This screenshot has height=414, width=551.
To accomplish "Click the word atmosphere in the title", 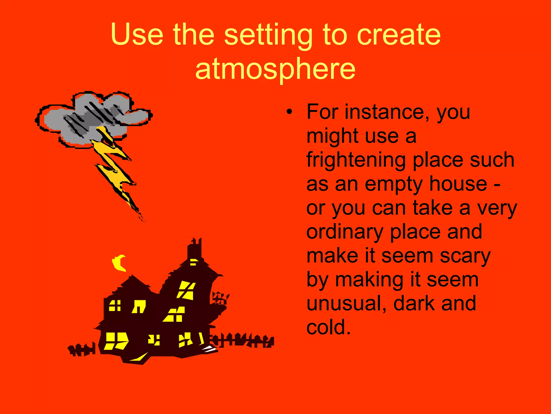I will coord(275,70).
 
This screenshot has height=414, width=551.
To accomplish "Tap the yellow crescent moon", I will coord(119,263).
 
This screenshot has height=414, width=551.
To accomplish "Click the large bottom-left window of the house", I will coord(116,341).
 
